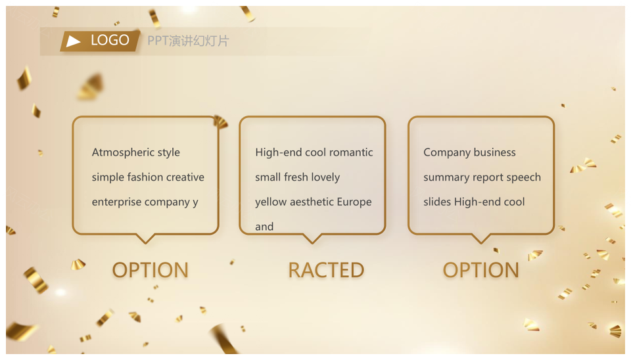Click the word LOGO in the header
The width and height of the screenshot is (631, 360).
pyautogui.click(x=110, y=40)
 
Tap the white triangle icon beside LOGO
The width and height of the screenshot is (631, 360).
pyautogui.click(x=73, y=41)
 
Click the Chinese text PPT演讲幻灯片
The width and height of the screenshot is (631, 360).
pyautogui.click(x=188, y=41)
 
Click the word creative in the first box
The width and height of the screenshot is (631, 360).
pyautogui.click(x=185, y=177)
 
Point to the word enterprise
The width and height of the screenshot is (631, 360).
pyautogui.click(x=112, y=202)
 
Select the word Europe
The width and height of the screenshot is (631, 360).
pyautogui.click(x=354, y=202)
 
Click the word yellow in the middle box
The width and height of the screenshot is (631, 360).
pyautogui.click(x=271, y=202)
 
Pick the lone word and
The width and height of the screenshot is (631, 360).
pyautogui.click(x=264, y=227)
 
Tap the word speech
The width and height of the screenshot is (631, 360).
pyautogui.click(x=524, y=177)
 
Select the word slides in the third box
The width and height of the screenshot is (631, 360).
pyautogui.click(x=437, y=202)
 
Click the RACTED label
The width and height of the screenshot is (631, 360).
pyautogui.click(x=327, y=270)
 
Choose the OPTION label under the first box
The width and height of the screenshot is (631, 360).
pyautogui.click(x=150, y=270)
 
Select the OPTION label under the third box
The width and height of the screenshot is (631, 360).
pyautogui.click(x=481, y=270)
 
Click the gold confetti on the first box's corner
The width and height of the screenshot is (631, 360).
pyautogui.click(x=221, y=122)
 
